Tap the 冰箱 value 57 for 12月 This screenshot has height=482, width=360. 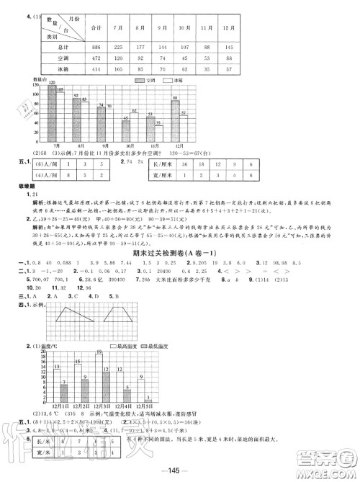point(228,71)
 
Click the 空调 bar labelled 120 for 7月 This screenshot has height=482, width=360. point(52,107)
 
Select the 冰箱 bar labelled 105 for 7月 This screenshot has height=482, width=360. point(60,112)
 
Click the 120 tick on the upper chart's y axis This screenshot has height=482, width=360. point(33,86)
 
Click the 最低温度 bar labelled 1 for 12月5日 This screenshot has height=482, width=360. point(148,401)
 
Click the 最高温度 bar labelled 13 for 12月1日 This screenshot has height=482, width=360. point(56,384)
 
